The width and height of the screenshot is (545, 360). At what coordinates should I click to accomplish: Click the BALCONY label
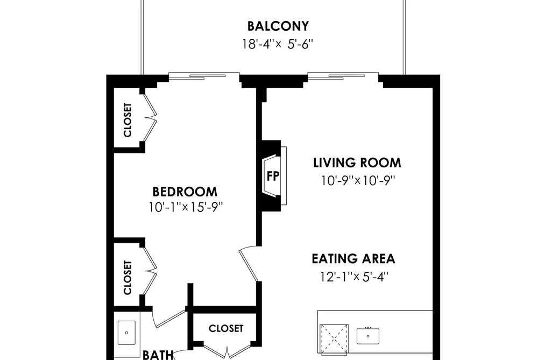[x=278, y=26]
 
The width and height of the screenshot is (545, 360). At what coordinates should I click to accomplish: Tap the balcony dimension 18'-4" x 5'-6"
[x=278, y=44]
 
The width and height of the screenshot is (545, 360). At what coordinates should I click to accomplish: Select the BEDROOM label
[x=185, y=192]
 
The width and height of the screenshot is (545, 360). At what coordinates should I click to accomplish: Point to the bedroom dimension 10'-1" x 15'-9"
[x=186, y=208]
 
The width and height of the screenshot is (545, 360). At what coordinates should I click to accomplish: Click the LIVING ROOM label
[x=357, y=163]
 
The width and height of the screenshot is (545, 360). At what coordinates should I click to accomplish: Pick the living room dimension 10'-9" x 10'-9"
[x=358, y=180]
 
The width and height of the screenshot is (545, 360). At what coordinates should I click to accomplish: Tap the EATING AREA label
[x=353, y=259]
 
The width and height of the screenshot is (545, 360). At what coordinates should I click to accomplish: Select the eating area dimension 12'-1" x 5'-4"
[x=354, y=277]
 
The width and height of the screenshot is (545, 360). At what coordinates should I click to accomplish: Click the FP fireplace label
[x=273, y=176]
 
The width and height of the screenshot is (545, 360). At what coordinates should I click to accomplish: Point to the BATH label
[x=158, y=355]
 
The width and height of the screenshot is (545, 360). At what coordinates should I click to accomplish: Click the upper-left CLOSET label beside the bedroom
[x=128, y=120]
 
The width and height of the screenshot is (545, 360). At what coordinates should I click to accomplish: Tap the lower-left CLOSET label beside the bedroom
[x=128, y=278]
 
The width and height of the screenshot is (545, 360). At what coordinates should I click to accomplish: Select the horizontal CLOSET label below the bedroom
[x=226, y=328]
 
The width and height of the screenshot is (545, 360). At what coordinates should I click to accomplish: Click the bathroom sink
[x=126, y=333]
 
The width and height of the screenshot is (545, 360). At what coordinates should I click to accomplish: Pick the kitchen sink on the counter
[x=368, y=336]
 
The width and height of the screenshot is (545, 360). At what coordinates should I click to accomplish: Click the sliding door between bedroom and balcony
[x=204, y=76]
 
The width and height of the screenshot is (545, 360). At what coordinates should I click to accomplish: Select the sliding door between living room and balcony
[x=343, y=76]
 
